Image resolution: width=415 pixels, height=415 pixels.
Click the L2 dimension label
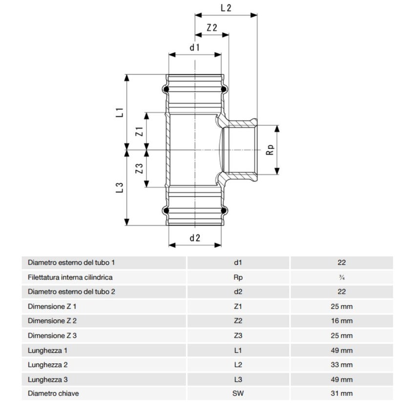[x=226, y=8]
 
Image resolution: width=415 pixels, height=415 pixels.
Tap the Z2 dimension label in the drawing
[x=211, y=28]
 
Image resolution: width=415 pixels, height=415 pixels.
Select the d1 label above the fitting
[x=195, y=48]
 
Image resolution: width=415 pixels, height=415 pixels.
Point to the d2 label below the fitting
[x=195, y=238]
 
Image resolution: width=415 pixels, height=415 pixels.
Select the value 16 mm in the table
[x=341, y=321]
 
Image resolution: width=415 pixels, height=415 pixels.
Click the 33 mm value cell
[x=341, y=365]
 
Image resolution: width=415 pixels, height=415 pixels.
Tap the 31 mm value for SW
[x=341, y=394]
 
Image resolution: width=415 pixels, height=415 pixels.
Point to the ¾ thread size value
[x=341, y=277]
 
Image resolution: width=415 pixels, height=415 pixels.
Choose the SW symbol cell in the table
[x=238, y=394]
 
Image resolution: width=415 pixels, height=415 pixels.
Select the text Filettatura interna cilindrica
[x=71, y=277]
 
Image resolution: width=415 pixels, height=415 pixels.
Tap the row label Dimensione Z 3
[x=53, y=335]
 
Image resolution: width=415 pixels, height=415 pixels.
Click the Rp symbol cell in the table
[x=238, y=277]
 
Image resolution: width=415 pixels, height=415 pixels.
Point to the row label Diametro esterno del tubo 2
[x=72, y=291]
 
